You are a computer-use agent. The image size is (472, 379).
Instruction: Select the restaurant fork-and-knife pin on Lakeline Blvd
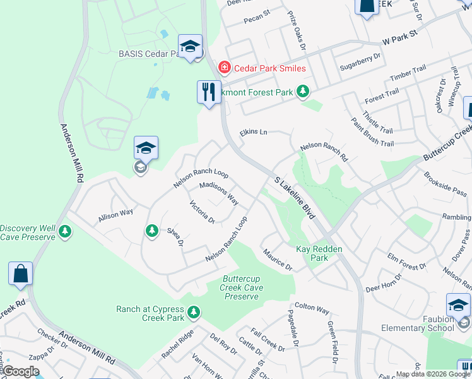click(209, 93)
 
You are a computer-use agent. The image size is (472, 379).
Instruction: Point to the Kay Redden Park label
click(319, 253)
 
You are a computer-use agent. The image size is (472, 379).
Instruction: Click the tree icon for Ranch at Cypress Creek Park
click(194, 311)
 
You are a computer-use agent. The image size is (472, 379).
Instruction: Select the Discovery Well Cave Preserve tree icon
click(64, 232)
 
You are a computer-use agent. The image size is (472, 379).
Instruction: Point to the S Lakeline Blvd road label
click(295, 198)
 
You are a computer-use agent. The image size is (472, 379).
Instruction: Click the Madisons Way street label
click(218, 193)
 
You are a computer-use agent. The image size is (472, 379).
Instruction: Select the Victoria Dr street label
click(203, 212)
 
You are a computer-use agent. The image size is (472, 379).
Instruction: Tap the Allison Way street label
click(115, 215)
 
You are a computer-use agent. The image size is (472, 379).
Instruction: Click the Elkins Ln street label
click(254, 133)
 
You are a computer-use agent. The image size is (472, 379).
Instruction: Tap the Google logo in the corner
click(20, 371)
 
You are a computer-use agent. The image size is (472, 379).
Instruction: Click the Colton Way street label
click(312, 310)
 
